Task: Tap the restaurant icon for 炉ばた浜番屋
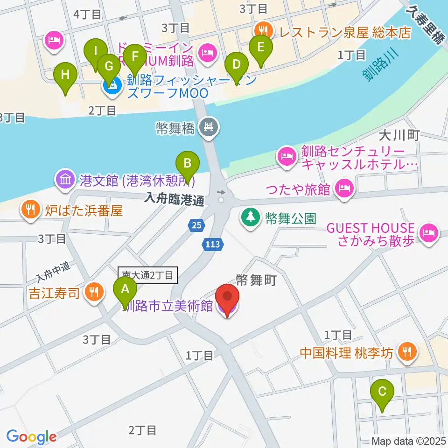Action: coord(31,210)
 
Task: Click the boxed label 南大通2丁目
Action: coord(148,276)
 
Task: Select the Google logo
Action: coord(31,436)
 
